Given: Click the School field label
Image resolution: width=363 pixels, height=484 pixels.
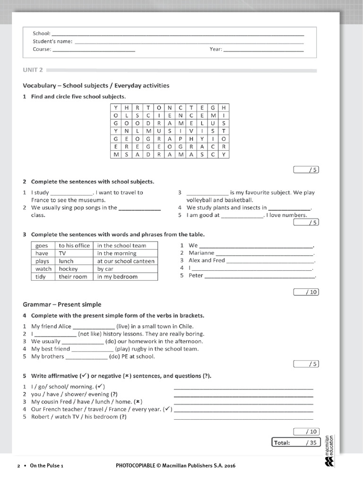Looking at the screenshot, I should pos(42,33).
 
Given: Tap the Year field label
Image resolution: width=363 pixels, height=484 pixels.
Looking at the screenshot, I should pos(216,49).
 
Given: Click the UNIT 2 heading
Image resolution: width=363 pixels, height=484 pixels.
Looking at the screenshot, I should pos(33,70).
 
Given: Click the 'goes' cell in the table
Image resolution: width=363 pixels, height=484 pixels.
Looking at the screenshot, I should pos(42,246).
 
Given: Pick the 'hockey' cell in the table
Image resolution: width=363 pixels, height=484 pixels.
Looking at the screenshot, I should pos(68,269).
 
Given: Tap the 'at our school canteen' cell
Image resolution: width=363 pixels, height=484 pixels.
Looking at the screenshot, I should pos(126,261).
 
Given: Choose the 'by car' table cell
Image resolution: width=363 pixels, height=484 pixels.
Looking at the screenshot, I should pos(105,269).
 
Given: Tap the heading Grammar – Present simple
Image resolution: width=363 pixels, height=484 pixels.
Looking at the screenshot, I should pos(62,304).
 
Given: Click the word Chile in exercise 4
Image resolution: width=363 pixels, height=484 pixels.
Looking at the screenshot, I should pos(185,326).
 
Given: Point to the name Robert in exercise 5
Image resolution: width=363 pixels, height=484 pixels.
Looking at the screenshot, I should pos(41,417).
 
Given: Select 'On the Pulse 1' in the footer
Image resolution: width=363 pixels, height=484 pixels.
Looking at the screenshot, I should pos(46,466).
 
